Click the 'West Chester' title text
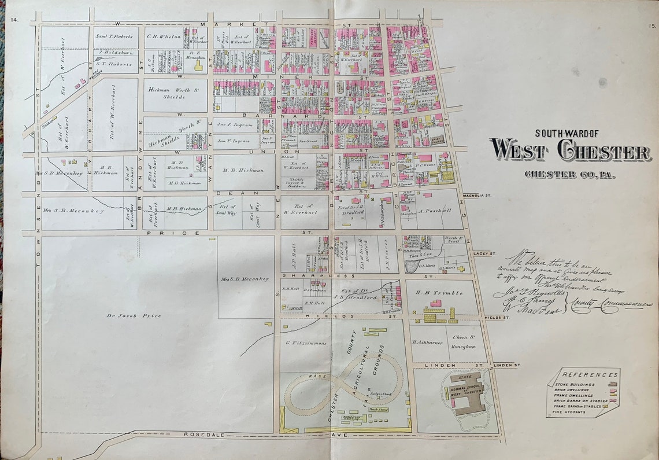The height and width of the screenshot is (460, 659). tap(569, 152)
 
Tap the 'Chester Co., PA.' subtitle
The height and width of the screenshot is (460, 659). tap(569, 174)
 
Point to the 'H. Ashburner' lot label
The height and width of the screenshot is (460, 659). tap(427, 343)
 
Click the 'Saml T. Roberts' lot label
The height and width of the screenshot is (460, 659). tap(114, 36)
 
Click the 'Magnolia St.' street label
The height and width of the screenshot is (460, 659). tap(484, 185)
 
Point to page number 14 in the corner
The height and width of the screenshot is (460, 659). tap(14, 20)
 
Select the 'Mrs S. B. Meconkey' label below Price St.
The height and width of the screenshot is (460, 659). tap(245, 279)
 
